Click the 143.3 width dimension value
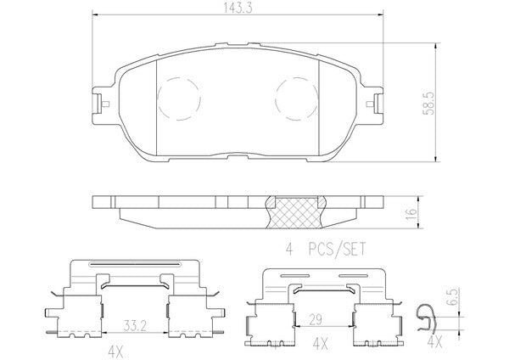click(x=238, y=8)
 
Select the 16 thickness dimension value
click(x=411, y=214)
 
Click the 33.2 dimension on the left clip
click(x=134, y=324)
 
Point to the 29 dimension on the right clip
click(x=315, y=320)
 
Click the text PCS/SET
click(x=337, y=250)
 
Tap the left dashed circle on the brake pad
click(x=179, y=98)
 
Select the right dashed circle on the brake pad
click(x=297, y=98)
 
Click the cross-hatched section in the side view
click(x=295, y=213)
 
